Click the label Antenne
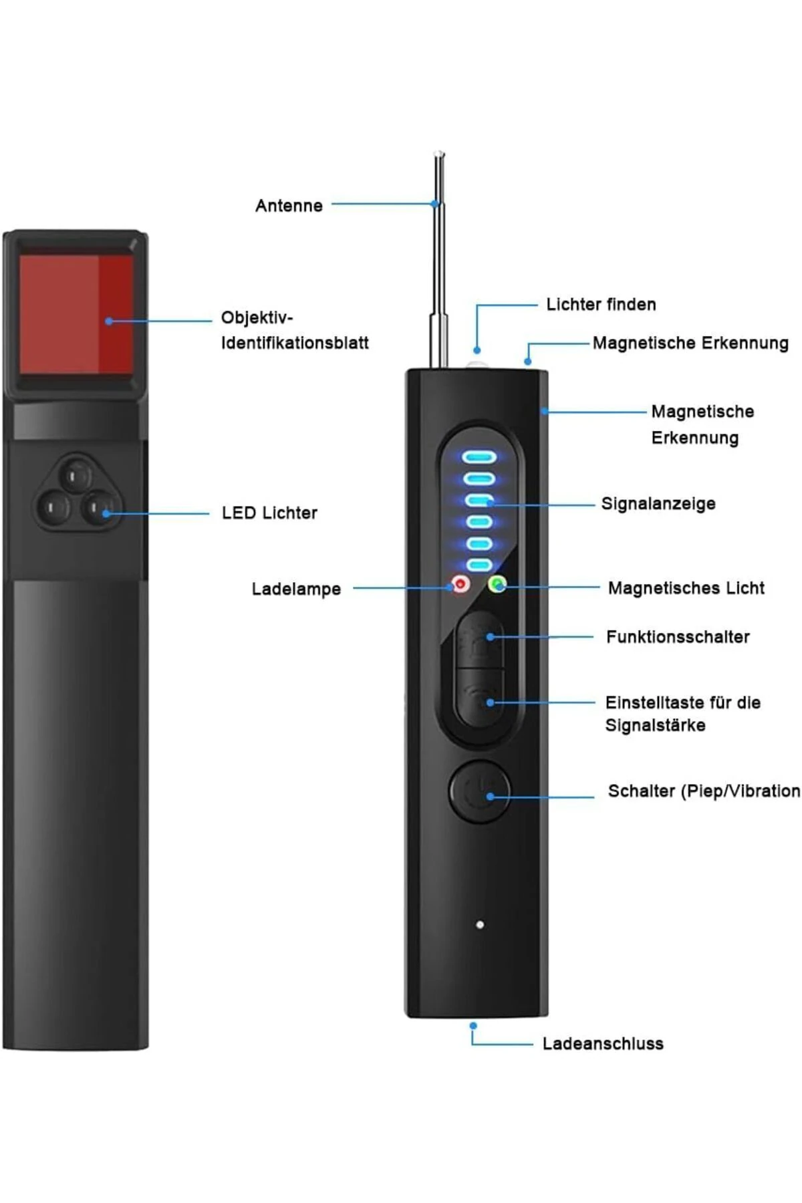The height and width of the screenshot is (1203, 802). pos(289,205)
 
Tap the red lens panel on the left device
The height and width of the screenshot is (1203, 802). pos(76,314)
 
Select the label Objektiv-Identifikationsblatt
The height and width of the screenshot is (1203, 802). pos(295,330)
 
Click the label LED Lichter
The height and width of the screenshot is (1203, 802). pos(269,513)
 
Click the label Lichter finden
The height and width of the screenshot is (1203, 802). pos(601,305)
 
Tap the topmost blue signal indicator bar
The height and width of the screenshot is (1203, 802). pos(481,458)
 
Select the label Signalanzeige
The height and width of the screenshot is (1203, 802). pos(658,503)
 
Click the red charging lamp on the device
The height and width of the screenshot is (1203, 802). pos(460,585)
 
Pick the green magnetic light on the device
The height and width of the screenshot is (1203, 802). pos(497,585)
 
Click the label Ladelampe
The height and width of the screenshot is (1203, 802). pos(296,589)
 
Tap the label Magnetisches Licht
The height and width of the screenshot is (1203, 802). pos(686,588)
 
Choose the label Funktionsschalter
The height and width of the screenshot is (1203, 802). pos(678,637)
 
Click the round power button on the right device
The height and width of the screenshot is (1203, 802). pos(479,791)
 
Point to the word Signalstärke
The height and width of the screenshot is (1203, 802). pos(655,725)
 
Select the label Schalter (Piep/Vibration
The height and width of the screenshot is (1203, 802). pos(703,791)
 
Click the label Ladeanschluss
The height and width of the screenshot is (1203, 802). pos(602,1043)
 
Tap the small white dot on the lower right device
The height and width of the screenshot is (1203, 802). pos(480,925)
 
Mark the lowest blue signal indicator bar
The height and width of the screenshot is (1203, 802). pos(481,565)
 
